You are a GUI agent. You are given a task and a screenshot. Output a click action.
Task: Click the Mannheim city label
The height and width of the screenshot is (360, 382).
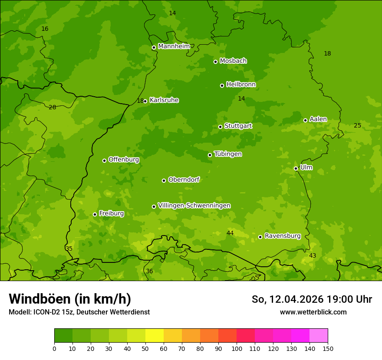(x=174, y=46)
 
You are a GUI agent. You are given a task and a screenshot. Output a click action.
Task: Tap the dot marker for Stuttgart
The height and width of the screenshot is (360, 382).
(x=220, y=127)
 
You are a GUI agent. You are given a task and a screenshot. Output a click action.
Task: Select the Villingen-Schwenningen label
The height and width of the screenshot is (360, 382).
(x=194, y=206)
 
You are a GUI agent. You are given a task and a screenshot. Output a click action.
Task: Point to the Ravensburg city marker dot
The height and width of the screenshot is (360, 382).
(x=260, y=237)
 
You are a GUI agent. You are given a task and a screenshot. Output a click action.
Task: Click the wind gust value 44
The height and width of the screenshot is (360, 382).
(x=230, y=233)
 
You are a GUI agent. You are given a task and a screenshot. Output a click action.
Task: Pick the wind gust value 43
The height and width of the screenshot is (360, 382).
(x=313, y=256)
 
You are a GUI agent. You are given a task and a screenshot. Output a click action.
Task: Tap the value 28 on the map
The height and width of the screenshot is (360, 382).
(x=53, y=107)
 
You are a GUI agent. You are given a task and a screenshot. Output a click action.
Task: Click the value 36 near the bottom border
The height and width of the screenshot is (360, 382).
(x=149, y=272)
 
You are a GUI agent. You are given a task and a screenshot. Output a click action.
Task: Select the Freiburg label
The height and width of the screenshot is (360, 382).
(x=111, y=213)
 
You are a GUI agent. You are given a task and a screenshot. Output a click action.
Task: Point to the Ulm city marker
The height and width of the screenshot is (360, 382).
(x=296, y=168)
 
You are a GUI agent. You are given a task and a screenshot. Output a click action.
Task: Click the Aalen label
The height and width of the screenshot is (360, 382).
(x=318, y=119)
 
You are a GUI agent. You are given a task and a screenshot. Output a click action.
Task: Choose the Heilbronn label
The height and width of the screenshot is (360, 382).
(x=241, y=85)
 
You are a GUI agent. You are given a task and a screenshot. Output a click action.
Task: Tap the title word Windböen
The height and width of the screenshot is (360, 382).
(x=40, y=299)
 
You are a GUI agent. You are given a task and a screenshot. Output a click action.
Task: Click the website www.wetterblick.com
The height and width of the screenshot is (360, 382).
(x=313, y=312)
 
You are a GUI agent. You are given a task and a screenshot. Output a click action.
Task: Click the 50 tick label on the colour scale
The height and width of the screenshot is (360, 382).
(x=145, y=349)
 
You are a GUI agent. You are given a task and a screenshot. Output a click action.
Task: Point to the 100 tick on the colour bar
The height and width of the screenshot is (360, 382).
(x=237, y=349)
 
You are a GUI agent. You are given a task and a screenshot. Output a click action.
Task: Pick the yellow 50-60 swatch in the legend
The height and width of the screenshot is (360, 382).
(x=155, y=336)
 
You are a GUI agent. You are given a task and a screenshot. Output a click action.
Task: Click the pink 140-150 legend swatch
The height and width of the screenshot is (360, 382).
(x=319, y=336)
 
